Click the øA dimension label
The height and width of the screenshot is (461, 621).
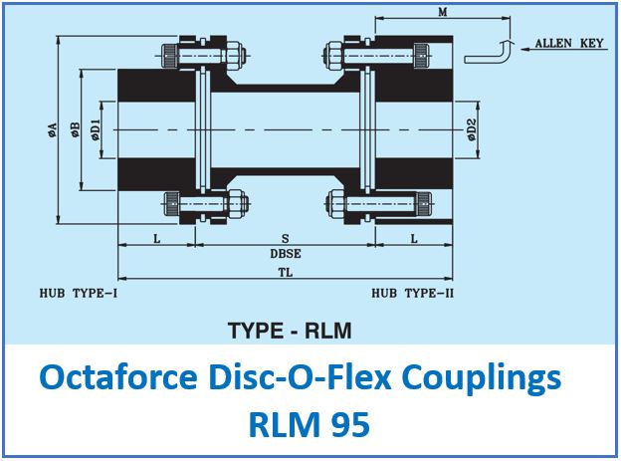(53, 130)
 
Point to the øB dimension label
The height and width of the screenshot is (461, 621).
(75, 130)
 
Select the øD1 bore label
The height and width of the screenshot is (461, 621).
(96, 130)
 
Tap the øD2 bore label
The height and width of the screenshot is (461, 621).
(472, 130)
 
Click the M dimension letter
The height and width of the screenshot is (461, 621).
(443, 12)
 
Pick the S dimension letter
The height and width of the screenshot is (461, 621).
(286, 238)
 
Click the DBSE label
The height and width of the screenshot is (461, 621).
(286, 254)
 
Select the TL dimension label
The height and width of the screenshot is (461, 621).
(286, 273)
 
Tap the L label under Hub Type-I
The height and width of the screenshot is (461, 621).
(157, 239)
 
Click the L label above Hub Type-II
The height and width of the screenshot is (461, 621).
(414, 239)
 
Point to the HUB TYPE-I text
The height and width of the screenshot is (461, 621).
(79, 294)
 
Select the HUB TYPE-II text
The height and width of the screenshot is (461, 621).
(412, 294)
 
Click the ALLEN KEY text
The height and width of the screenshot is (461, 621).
(569, 43)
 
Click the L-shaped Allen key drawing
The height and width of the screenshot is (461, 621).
(489, 51)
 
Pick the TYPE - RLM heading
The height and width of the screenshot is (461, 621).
(290, 331)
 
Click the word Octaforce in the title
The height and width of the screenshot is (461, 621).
(118, 377)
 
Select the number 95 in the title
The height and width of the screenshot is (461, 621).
(351, 424)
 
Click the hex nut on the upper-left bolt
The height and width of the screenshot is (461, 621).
(233, 55)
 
